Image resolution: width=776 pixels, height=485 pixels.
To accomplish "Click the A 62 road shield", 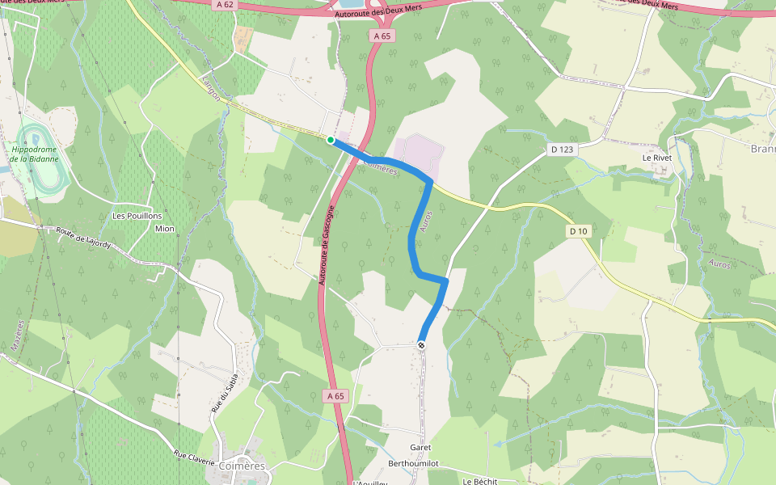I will [x=225, y=5].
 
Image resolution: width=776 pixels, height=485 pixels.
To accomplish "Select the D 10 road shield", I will [x=576, y=232].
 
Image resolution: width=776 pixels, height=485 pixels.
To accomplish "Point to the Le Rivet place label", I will [x=657, y=158].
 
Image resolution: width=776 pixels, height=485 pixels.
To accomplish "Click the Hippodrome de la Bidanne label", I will [x=35, y=154].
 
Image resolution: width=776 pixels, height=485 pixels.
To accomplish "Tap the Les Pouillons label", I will [x=137, y=217].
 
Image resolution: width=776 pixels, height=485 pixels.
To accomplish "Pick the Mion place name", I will [x=164, y=229].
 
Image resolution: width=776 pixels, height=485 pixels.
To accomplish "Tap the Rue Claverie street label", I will [x=194, y=458].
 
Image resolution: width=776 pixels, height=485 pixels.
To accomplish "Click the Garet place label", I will [x=420, y=448].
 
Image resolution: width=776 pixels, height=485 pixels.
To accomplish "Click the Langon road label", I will [x=209, y=89].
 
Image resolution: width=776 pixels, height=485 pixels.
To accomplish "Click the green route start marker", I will [x=331, y=140].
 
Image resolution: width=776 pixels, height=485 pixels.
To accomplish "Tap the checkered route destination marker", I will [x=421, y=345].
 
